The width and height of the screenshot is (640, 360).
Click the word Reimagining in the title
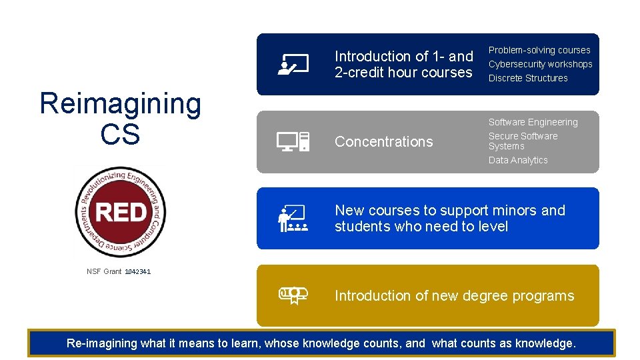click(x=120, y=105)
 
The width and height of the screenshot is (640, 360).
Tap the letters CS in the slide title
click(x=120, y=134)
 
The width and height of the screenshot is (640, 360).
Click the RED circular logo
click(x=120, y=212)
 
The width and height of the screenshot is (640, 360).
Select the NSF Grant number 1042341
click(x=138, y=272)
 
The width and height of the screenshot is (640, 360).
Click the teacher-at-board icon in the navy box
click(x=293, y=65)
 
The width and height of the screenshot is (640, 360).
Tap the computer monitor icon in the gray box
click(x=293, y=141)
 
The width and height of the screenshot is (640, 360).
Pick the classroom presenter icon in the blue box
click(x=293, y=219)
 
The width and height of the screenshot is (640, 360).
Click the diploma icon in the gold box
click(x=293, y=295)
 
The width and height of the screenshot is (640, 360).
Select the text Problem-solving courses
click(x=539, y=50)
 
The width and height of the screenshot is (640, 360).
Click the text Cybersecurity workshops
click(x=540, y=64)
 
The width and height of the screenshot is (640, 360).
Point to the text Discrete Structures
click(x=528, y=78)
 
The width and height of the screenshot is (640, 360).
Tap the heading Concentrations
click(x=383, y=141)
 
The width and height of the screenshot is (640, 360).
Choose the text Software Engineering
click(x=533, y=122)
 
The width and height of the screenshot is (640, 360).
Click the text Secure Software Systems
click(x=523, y=141)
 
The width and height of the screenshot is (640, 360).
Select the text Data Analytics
click(x=518, y=160)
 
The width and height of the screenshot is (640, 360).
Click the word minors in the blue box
click(x=514, y=211)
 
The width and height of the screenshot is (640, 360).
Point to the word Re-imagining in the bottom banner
click(x=102, y=343)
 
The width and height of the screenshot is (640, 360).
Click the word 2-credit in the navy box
click(x=359, y=73)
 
